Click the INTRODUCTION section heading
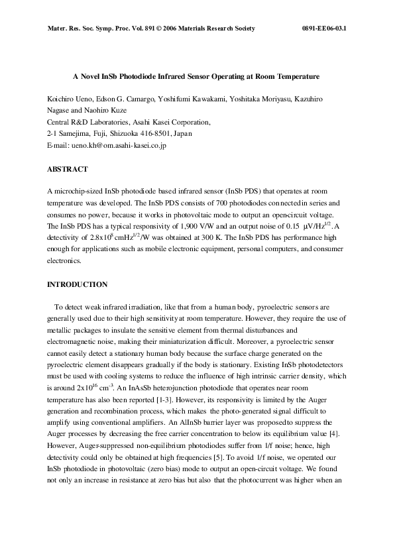(76, 284)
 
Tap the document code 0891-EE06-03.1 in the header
(324, 29)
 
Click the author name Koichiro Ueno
(70, 99)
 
